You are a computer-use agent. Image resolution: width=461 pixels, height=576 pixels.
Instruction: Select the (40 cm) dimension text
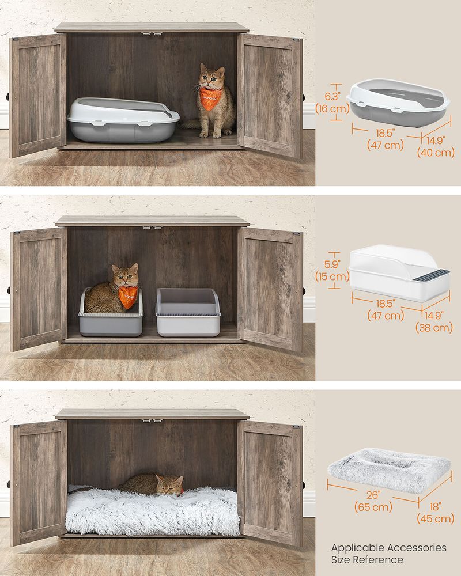[436, 153]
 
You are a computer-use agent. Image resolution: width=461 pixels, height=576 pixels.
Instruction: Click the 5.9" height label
[332, 264]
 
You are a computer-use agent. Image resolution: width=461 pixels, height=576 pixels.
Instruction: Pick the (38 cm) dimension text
[434, 328]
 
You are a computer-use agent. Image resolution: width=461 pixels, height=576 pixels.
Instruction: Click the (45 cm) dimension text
[436, 518]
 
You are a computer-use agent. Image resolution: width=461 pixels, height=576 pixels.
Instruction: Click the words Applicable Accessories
[388, 547]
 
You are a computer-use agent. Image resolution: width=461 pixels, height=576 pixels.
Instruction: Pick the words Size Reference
[366, 559]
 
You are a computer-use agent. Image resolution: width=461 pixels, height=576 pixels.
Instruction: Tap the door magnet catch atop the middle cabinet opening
[153, 227]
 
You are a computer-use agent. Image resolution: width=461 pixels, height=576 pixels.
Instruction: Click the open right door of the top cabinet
[271, 95]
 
